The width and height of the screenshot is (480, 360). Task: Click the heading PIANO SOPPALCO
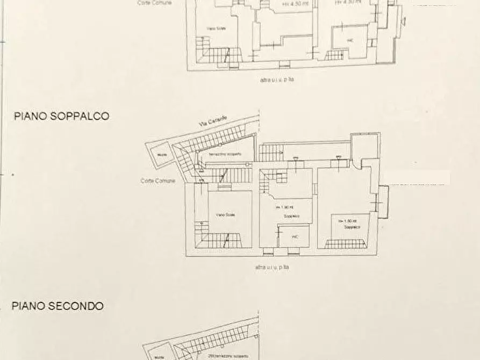tap(61, 116)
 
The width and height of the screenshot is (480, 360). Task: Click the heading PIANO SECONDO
tap(58, 306)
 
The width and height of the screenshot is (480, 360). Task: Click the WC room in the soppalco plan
tap(294, 236)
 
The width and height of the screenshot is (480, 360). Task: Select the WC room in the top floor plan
tap(350, 40)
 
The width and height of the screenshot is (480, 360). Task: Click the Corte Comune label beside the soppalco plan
tap(158, 181)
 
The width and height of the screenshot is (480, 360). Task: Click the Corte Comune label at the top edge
tap(154, 3)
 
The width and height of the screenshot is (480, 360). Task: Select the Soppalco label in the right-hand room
tap(348, 227)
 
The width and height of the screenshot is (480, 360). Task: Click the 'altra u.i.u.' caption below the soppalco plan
tap(273, 267)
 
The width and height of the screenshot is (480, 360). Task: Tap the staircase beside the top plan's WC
tap(335, 55)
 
